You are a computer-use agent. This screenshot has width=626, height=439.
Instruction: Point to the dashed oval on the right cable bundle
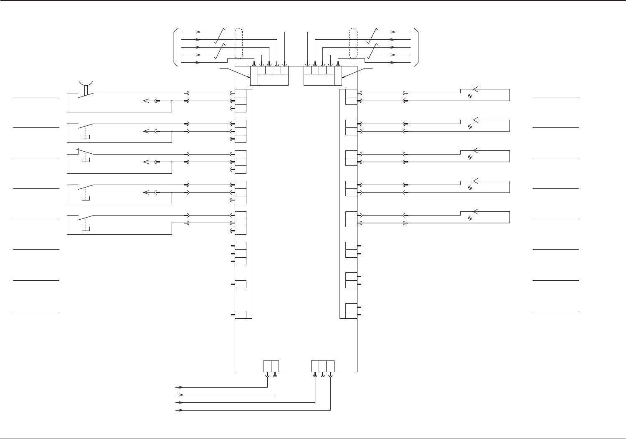click(x=353, y=44)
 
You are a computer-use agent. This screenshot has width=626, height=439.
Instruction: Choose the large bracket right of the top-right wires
click(x=416, y=47)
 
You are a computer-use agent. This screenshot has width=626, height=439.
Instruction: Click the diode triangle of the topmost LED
click(x=475, y=89)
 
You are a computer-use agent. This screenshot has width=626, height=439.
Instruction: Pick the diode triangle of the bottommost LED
click(x=475, y=211)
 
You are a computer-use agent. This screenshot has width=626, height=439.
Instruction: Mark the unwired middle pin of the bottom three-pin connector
click(x=323, y=375)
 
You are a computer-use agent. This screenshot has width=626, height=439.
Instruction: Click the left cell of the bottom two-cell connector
click(x=268, y=365)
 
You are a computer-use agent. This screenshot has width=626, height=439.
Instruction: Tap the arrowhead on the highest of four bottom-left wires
click(x=181, y=387)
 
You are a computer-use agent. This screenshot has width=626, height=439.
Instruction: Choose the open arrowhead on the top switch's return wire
click(x=146, y=101)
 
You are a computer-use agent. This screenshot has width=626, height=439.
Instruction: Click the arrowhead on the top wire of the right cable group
click(x=393, y=32)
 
